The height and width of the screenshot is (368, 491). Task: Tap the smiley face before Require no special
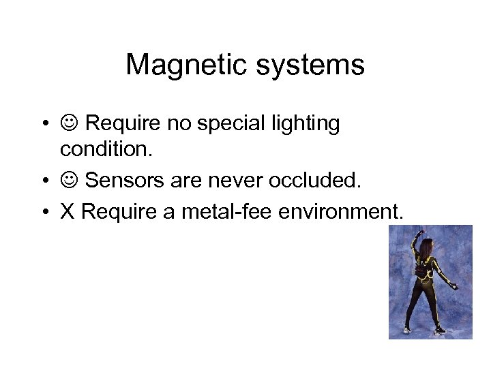tap(70, 124)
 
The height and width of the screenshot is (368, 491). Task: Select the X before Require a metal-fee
tap(68, 212)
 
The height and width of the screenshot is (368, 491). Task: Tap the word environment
tap(342, 212)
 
